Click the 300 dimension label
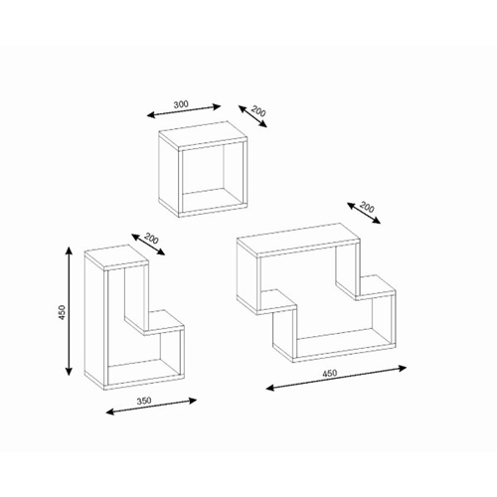click(x=181, y=104)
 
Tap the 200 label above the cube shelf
click(x=258, y=111)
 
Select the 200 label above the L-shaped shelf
click(x=151, y=239)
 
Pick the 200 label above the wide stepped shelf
click(x=367, y=208)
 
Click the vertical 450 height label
click(x=62, y=312)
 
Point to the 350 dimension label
click(x=144, y=401)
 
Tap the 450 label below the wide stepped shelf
click(x=330, y=373)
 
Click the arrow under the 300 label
click(x=184, y=111)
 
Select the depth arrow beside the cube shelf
click(x=252, y=116)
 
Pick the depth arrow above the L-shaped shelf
click(x=148, y=245)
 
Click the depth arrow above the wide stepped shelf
click(x=364, y=213)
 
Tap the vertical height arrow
click(x=69, y=311)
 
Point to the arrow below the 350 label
click(x=151, y=407)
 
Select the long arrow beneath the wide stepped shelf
click(x=336, y=378)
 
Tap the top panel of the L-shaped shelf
click(x=116, y=255)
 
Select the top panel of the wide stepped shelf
click(x=298, y=241)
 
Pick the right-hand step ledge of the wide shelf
click(x=366, y=287)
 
